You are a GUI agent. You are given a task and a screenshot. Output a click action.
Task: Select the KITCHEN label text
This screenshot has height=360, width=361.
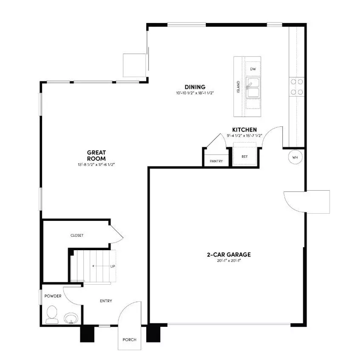[x=244, y=130]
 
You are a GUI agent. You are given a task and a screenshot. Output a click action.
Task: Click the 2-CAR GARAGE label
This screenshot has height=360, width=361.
[x=229, y=255]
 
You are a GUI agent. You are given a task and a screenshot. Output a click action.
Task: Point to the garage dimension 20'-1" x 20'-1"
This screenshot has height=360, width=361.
[x=229, y=261]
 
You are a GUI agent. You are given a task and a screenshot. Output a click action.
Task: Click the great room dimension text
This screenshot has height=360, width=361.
[x=96, y=164]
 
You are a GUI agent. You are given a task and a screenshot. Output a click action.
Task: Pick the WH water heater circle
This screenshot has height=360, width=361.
[x=296, y=157]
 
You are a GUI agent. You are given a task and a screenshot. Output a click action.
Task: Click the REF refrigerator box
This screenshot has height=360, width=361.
[x=244, y=156]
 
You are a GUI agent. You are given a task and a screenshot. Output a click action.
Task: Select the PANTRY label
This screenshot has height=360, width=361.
[x=216, y=161]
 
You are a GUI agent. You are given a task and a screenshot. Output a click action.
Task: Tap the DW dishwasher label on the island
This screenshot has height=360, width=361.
[x=253, y=69]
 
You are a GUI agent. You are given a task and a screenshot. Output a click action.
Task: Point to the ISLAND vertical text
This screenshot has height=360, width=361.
[x=238, y=88]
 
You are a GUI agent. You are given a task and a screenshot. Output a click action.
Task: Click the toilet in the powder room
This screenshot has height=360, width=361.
[x=52, y=315]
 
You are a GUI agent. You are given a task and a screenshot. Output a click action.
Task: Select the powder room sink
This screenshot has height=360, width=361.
[x=71, y=318]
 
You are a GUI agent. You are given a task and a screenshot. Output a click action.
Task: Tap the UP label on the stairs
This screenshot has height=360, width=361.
[x=113, y=267]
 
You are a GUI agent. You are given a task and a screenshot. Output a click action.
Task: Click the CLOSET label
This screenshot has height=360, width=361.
[x=77, y=235]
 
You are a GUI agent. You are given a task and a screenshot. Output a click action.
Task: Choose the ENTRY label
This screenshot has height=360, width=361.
[x=106, y=301]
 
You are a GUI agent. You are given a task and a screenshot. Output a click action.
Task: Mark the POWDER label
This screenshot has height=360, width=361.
[x=53, y=296]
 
